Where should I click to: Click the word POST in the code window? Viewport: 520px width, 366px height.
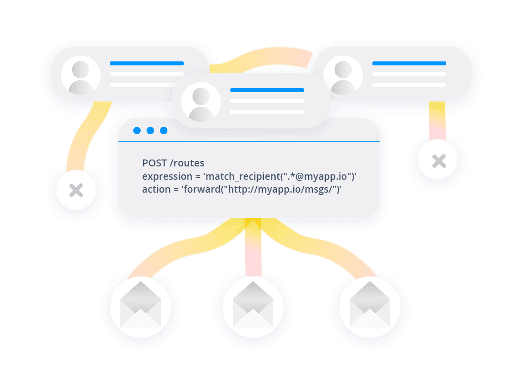point(155,163)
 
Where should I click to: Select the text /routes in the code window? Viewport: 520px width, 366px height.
point(187,163)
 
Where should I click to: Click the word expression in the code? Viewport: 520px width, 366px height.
point(167,177)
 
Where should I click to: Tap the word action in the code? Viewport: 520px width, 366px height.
point(156,189)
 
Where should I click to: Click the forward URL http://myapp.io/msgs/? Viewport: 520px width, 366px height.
point(281,189)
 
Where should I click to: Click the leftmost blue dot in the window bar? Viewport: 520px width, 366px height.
point(137,131)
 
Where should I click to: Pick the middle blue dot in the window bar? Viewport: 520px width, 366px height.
point(150,131)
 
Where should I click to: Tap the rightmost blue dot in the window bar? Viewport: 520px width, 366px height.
point(163,131)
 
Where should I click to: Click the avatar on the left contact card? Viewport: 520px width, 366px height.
point(81,76)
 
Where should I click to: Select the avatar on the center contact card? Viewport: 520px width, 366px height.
point(201,102)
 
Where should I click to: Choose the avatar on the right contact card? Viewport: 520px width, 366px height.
point(343,76)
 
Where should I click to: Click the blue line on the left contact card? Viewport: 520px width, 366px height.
point(147,63)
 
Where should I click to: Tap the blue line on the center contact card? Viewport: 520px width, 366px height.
point(267,90)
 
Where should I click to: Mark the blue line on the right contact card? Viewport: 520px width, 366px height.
point(409,63)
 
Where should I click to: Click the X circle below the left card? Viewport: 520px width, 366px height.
point(76,190)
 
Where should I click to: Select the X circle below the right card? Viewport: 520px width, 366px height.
point(437,160)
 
